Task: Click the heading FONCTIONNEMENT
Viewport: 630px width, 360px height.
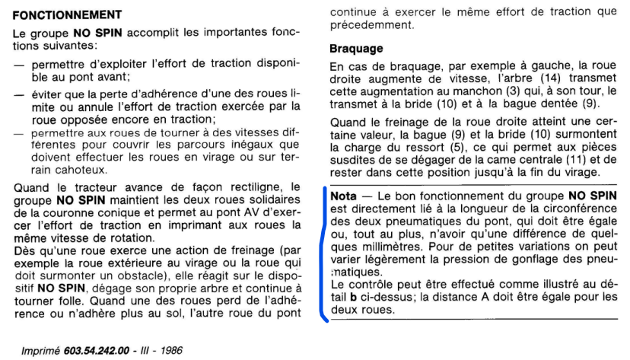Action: pyautogui.click(x=68, y=14)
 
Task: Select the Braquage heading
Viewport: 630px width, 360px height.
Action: pyautogui.click(x=356, y=49)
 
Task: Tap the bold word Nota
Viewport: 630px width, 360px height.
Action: pyautogui.click(x=343, y=196)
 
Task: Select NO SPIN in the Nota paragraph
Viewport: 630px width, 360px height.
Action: pyautogui.click(x=593, y=196)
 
